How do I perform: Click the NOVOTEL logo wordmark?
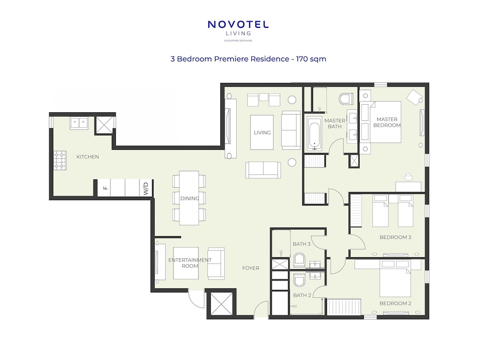point(238,24)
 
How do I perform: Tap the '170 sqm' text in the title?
point(311,59)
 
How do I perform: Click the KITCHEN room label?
point(87,157)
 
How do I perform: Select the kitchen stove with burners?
point(60,160)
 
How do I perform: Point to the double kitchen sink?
point(79,123)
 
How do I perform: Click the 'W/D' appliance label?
point(146,189)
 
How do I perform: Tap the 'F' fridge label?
point(106,188)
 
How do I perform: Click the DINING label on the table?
point(190,198)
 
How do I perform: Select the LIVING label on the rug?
point(263,132)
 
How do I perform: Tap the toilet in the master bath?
point(346,99)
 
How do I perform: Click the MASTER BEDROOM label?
point(387,122)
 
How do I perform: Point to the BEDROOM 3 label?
point(395,237)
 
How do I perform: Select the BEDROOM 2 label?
point(395,303)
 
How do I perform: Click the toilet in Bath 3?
point(299,260)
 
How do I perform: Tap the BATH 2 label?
point(302,295)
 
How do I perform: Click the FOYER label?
point(251,268)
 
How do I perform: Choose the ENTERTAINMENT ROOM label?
point(190,263)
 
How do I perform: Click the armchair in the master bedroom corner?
point(414,97)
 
